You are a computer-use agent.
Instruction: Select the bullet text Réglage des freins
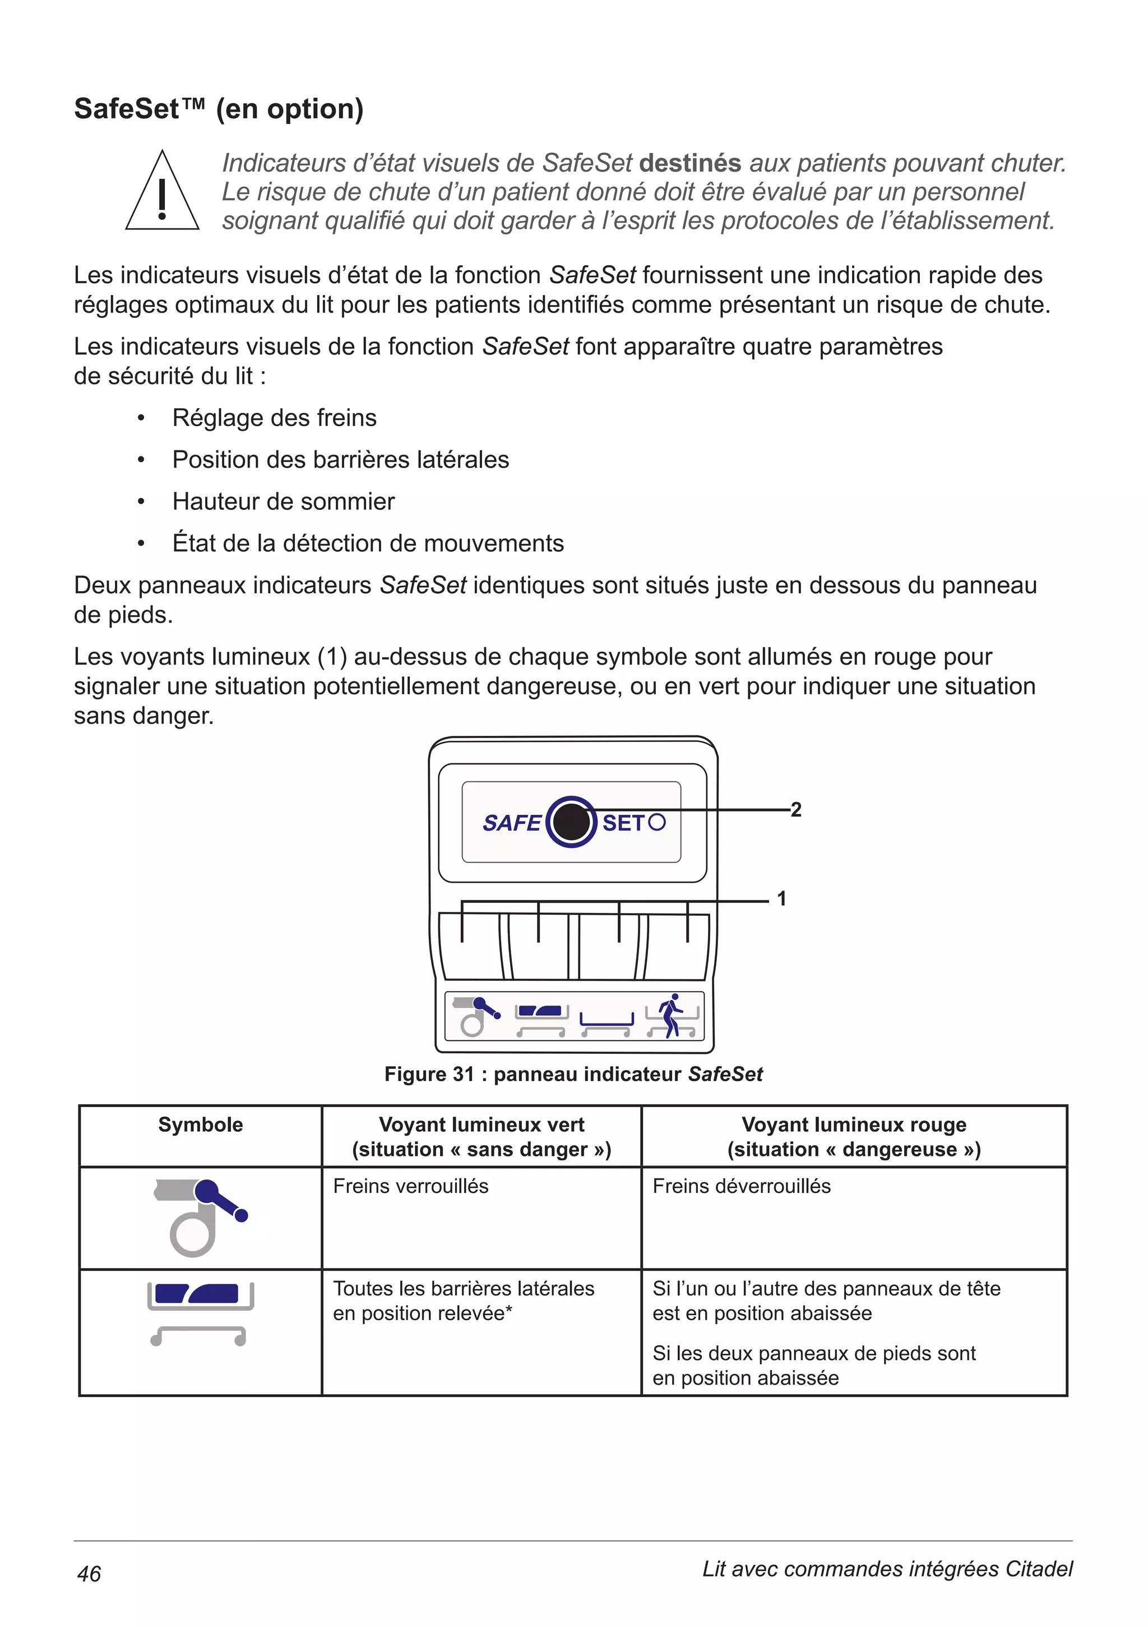click(274, 418)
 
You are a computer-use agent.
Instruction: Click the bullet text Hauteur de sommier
click(283, 502)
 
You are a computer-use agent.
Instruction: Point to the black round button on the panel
click(571, 822)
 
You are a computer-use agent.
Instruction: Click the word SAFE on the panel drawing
click(511, 823)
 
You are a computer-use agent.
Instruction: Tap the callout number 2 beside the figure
click(796, 809)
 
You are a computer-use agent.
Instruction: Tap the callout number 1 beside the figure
click(782, 898)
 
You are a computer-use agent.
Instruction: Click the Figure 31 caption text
click(573, 1074)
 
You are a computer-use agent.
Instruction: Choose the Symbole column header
click(201, 1124)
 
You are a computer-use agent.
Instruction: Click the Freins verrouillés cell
click(411, 1186)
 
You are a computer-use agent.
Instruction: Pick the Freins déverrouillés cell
click(742, 1186)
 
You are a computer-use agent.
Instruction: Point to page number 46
click(89, 1574)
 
